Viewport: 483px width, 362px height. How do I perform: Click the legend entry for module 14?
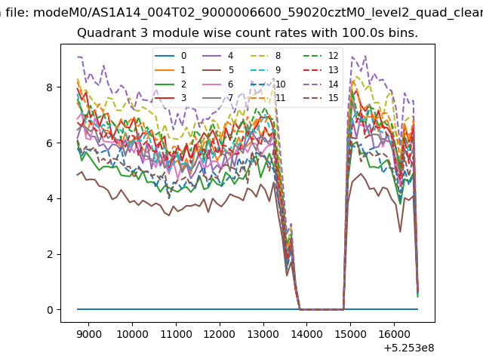tap(323, 84)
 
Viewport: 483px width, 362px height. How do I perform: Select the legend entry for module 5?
tap(218, 70)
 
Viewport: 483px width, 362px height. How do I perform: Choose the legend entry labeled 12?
tap(323, 56)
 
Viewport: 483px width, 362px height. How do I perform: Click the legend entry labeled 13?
tap(323, 70)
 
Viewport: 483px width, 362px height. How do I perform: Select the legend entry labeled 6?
tap(218, 84)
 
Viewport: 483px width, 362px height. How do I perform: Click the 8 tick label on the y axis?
tap(50, 87)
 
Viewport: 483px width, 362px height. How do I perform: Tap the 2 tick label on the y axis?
tap(50, 255)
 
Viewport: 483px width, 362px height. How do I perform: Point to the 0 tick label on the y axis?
tap(50, 310)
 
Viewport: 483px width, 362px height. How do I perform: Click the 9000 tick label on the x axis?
tap(89, 334)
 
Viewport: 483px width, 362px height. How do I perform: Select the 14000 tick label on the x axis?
tap(307, 334)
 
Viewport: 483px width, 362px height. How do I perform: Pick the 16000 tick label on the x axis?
tap(394, 334)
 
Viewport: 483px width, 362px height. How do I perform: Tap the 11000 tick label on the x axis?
tap(176, 334)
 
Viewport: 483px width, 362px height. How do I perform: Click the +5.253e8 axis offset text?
tap(409, 348)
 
